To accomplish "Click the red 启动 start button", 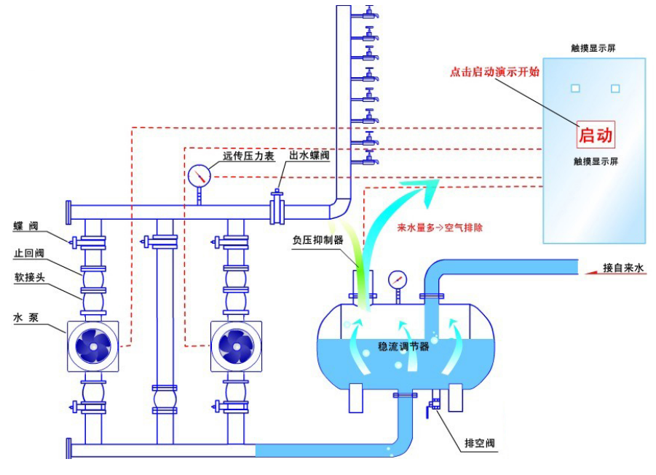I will click(x=596, y=135).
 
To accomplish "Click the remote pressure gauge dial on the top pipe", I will click(x=199, y=175).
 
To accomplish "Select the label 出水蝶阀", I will click(x=309, y=156).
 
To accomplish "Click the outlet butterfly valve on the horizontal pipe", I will click(x=277, y=209).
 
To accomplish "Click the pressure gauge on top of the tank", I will click(x=398, y=279).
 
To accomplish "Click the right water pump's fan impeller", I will click(x=235, y=346).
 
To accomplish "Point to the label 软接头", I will click(x=28, y=276).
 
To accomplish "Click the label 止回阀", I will click(x=28, y=254).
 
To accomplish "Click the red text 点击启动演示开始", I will click(x=494, y=73).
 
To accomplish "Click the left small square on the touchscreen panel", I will click(x=575, y=89).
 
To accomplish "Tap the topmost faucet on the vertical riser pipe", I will click(x=370, y=12).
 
